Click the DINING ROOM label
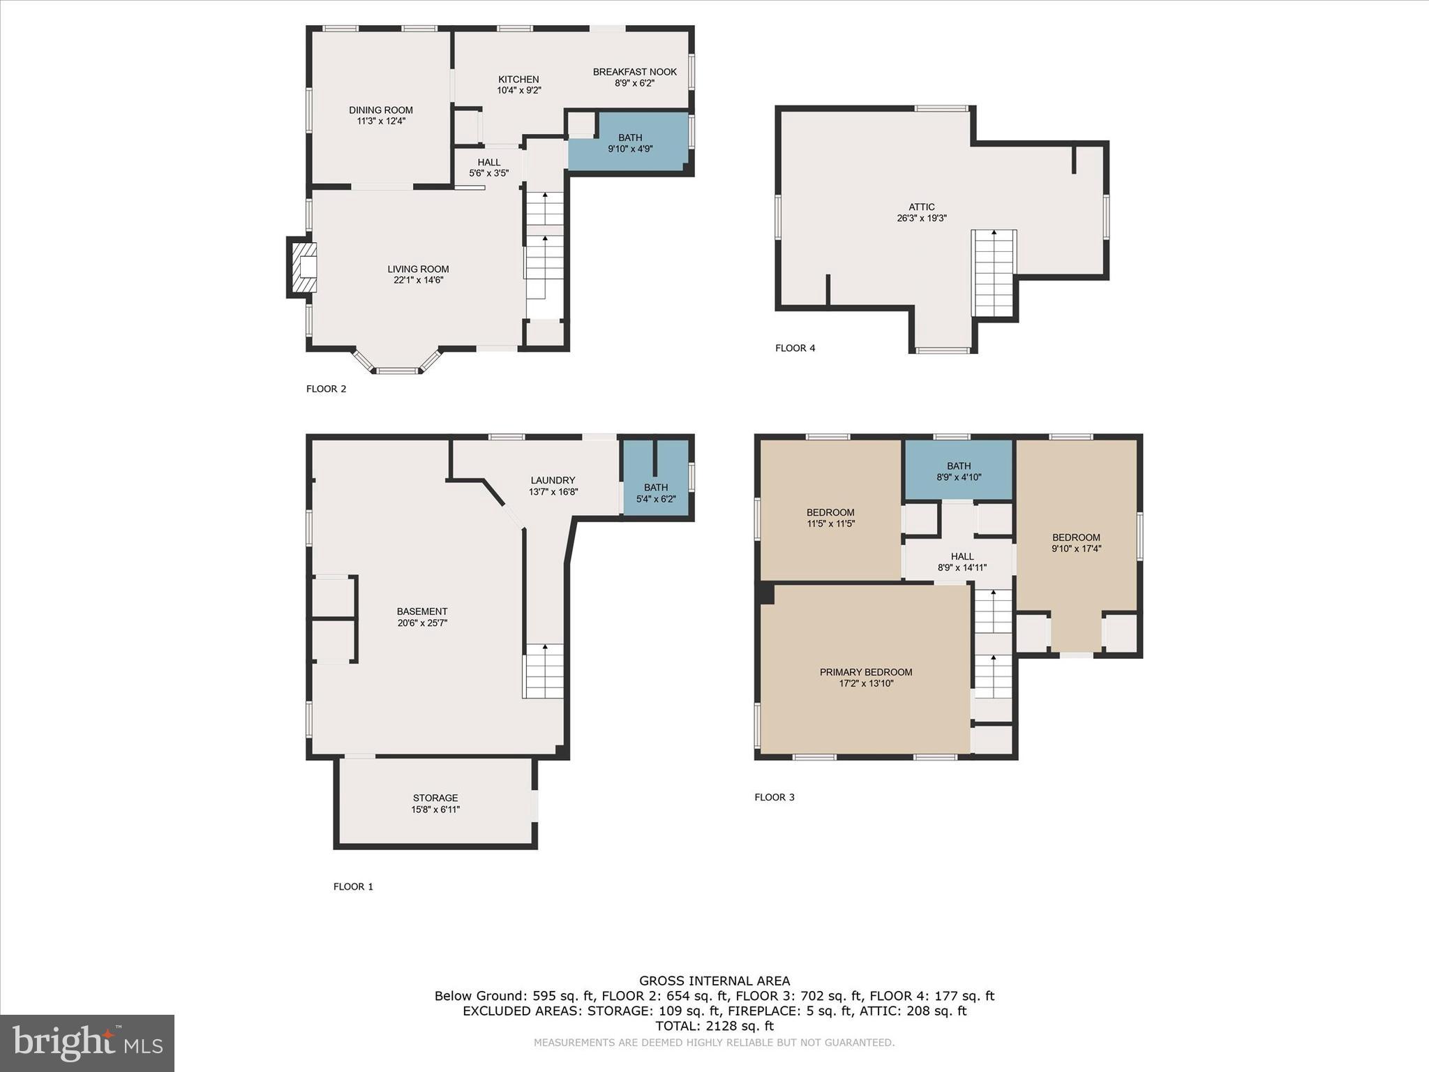380,110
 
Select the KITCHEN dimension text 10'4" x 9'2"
518,90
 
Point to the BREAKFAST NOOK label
634,72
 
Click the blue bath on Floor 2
629,143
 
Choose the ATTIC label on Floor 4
921,207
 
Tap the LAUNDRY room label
553,480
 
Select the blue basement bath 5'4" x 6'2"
656,493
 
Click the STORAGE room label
435,798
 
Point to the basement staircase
544,671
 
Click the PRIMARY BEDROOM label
865,672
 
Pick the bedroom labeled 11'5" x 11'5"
830,517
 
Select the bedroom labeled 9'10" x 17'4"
1076,542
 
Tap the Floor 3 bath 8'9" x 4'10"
958,471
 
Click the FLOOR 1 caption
353,886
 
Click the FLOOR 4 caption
795,348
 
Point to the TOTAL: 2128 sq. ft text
714,1026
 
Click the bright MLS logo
87,1043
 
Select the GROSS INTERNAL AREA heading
714,981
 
